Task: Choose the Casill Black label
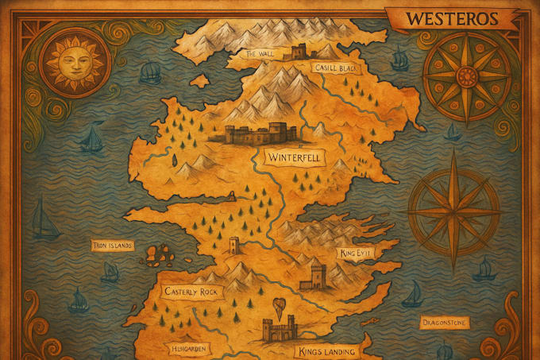tap(335, 68)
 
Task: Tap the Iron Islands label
tap(111, 246)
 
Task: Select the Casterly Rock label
tap(190, 292)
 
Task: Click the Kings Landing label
tap(326, 350)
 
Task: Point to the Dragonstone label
tap(444, 322)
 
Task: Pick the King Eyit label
tap(355, 253)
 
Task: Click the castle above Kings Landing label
tap(278, 329)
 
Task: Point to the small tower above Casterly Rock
tap(234, 244)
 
